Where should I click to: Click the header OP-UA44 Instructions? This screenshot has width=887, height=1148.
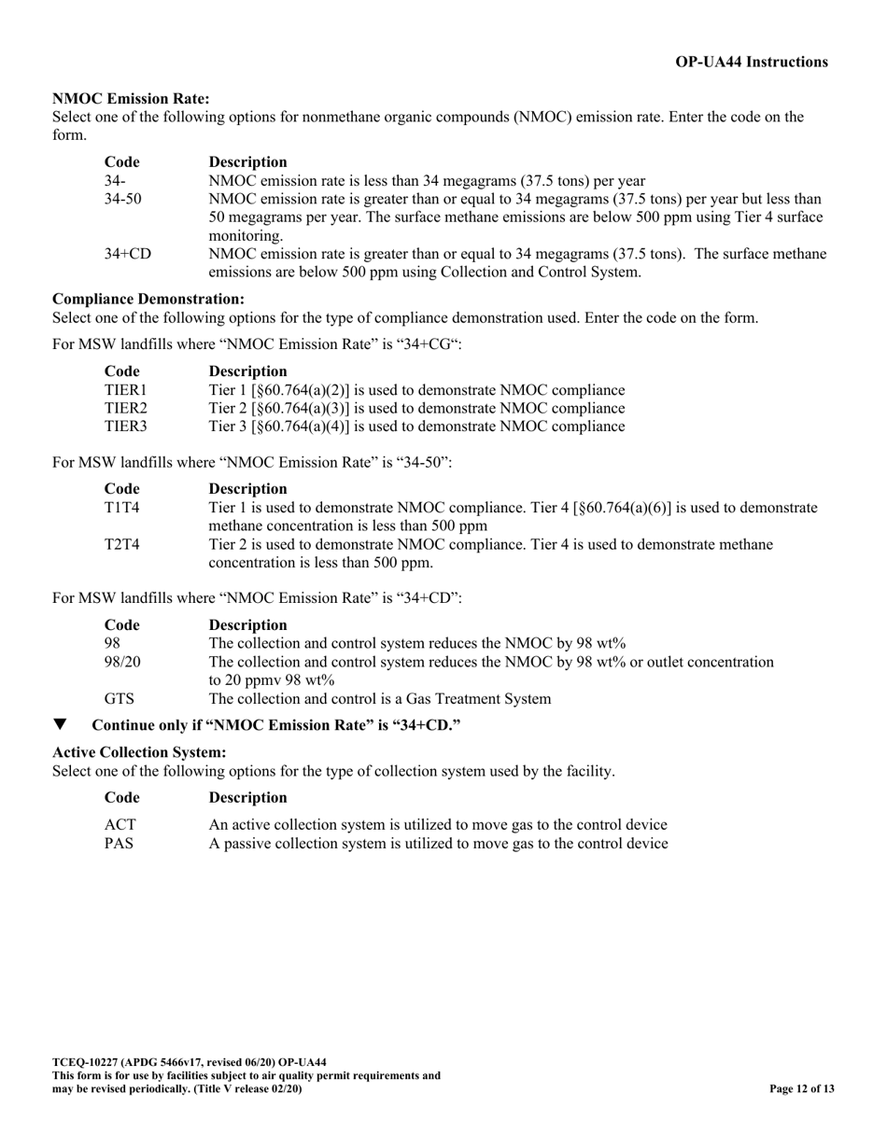751,63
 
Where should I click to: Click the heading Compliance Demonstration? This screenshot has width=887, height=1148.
148,300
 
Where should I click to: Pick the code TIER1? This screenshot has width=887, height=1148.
126,390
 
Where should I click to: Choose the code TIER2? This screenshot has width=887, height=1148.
126,408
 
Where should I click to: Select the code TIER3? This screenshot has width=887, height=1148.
126,427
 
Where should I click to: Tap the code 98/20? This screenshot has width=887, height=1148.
122,662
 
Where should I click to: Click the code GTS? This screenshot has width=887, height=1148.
120,699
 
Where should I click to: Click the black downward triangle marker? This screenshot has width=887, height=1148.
61,725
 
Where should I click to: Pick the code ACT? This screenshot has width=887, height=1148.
120,825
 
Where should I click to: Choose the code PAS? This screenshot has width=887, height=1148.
119,844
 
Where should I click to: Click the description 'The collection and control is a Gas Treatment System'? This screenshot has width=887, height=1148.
380,699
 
